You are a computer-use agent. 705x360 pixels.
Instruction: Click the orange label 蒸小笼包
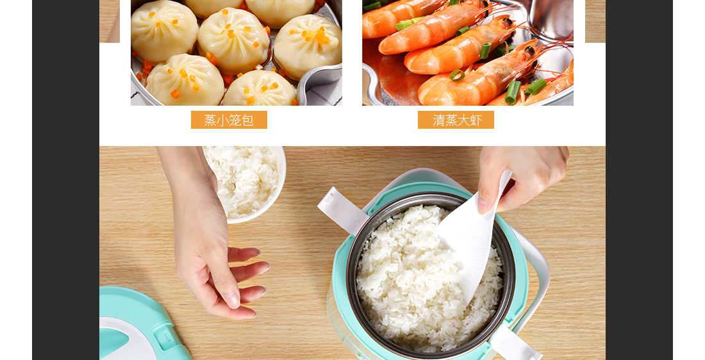click(229, 120)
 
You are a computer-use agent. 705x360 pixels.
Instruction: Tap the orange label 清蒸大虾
click(456, 120)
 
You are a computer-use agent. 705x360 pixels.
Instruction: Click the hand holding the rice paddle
click(522, 177)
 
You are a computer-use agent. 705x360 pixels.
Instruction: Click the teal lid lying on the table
click(139, 323)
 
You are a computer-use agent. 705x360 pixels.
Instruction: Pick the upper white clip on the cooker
click(342, 209)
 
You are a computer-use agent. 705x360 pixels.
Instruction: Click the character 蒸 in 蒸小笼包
click(210, 120)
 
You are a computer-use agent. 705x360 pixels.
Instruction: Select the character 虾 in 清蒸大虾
click(476, 120)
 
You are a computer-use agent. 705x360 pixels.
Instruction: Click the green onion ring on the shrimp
click(457, 75)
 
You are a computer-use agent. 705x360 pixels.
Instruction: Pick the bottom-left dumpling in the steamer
click(185, 80)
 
